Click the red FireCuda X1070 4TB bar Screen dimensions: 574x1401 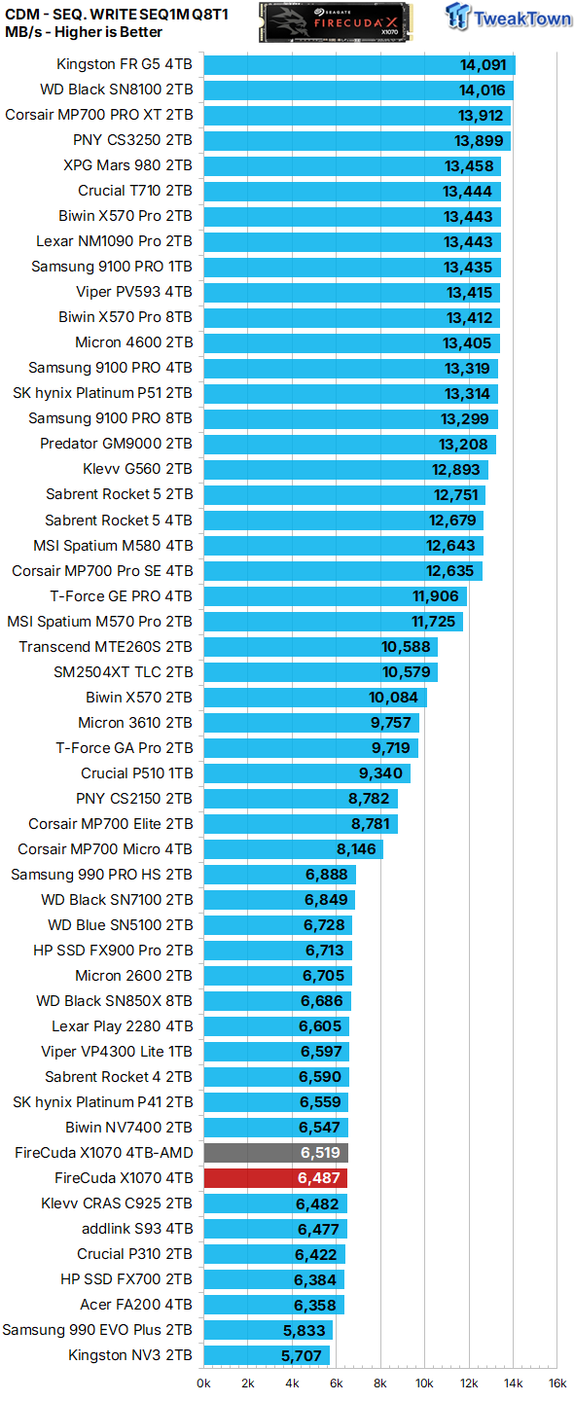(275, 1177)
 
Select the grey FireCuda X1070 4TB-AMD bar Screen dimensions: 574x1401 (275, 1153)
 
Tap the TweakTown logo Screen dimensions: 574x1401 (509, 17)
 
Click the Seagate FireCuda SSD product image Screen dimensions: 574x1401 (336, 21)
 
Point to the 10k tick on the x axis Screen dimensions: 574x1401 (424, 1383)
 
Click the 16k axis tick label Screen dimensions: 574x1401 (557, 1383)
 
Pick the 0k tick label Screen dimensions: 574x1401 (204, 1383)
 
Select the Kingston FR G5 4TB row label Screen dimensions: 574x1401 (125, 64)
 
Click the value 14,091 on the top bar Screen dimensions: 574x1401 (483, 65)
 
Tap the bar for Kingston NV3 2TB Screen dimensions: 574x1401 (267, 1355)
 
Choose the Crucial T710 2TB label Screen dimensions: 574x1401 (135, 191)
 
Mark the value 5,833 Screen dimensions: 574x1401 (305, 1330)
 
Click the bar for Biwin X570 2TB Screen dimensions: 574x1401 (315, 698)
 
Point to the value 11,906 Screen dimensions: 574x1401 (436, 596)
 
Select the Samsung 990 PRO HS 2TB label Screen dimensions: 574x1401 (102, 875)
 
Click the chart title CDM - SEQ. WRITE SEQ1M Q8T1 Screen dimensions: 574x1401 (117, 14)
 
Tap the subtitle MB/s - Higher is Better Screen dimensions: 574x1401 (84, 32)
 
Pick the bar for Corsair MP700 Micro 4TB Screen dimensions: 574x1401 (293, 849)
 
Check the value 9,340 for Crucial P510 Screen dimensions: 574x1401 (380, 773)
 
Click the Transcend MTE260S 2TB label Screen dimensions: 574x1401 (106, 647)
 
